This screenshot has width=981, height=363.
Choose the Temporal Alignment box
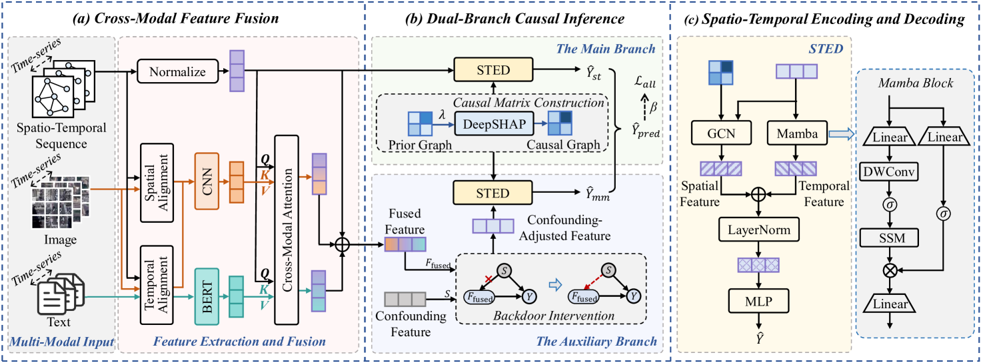157,284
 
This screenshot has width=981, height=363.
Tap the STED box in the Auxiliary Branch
492,194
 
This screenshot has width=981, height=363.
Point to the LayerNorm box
758,231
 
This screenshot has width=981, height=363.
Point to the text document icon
63,293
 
